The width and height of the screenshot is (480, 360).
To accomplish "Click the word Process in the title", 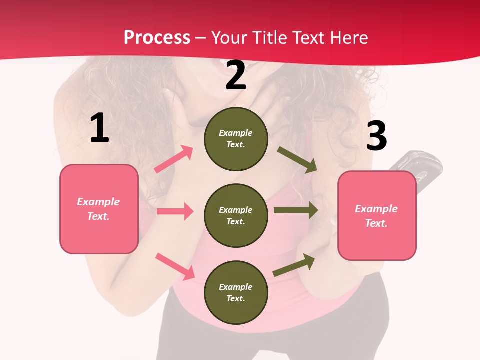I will (157, 38).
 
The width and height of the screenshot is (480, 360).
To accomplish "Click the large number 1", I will (99, 128).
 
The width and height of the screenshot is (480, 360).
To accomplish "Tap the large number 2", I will (236, 76).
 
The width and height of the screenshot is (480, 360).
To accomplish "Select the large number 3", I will (376, 136).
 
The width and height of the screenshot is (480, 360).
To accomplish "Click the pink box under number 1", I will (99, 209).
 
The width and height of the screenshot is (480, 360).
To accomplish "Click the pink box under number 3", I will (377, 216).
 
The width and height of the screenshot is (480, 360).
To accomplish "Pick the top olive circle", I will (236, 139).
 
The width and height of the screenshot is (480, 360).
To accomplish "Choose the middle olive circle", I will (236, 215).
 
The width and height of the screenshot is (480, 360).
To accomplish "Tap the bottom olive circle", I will (236, 292).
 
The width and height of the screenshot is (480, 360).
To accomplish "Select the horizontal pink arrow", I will (175, 211).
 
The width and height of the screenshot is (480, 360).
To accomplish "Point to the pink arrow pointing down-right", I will (175, 266).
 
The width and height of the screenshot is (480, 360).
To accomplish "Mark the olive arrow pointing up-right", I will (294, 265).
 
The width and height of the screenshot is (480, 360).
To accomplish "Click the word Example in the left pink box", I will (98, 202).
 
